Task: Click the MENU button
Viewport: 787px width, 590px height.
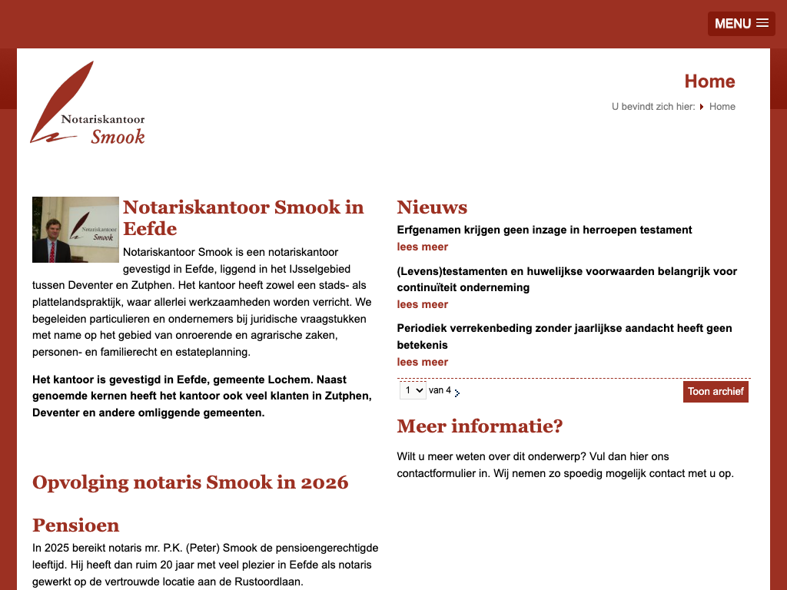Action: pyautogui.click(x=741, y=23)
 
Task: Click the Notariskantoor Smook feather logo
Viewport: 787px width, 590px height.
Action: pyautogui.click(x=88, y=104)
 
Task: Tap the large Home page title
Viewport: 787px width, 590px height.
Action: pyautogui.click(x=709, y=81)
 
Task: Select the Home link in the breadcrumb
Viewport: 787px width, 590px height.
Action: pyautogui.click(x=722, y=107)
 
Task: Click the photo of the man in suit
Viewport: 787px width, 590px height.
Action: pyautogui.click(x=75, y=230)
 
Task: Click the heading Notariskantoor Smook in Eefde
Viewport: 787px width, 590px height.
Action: pyautogui.click(x=243, y=217)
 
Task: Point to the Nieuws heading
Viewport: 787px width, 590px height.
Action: pyautogui.click(x=432, y=207)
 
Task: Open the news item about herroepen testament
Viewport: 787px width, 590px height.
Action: pyautogui.click(x=544, y=230)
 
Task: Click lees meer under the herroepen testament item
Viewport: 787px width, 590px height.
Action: pyautogui.click(x=422, y=247)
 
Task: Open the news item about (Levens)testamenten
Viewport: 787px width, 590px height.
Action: pyautogui.click(x=566, y=279)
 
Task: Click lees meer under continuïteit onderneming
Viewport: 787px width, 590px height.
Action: pyautogui.click(x=422, y=304)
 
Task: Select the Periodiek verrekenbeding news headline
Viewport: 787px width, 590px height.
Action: pyautogui.click(x=564, y=336)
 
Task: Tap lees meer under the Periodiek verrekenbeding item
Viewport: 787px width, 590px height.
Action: pyautogui.click(x=422, y=362)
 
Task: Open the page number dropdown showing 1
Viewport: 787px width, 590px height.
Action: pyautogui.click(x=413, y=390)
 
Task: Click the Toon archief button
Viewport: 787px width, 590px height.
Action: pyautogui.click(x=716, y=392)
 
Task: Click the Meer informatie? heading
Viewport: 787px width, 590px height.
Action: pyautogui.click(x=480, y=426)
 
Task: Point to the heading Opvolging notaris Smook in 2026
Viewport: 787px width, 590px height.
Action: pyautogui.click(x=190, y=482)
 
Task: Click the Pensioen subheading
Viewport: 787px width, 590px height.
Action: pyautogui.click(x=75, y=525)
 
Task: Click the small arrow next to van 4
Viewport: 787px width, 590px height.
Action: pyautogui.click(x=457, y=393)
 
